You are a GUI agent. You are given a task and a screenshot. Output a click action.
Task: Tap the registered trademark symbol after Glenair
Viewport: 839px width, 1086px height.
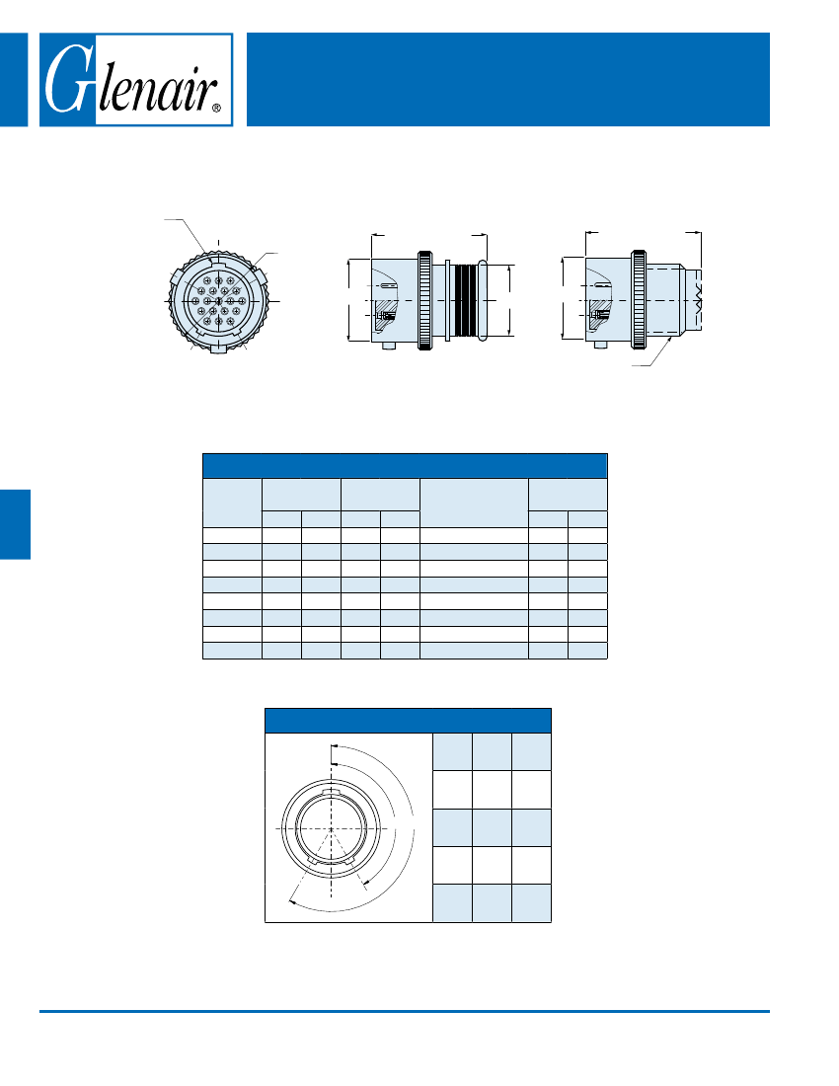click(x=217, y=108)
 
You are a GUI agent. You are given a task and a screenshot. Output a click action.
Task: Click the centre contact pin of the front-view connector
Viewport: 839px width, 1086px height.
click(x=219, y=301)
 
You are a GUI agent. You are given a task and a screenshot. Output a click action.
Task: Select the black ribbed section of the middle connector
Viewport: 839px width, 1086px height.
click(x=466, y=300)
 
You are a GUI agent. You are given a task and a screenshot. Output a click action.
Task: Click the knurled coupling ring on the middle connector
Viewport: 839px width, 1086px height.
click(x=425, y=300)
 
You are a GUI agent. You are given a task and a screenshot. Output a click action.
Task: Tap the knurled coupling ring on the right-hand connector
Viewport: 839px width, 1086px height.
click(x=639, y=300)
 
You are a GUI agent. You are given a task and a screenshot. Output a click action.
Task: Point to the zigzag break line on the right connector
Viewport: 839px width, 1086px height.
click(x=697, y=300)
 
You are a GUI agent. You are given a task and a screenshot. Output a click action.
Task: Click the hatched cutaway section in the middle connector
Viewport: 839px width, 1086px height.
click(x=385, y=314)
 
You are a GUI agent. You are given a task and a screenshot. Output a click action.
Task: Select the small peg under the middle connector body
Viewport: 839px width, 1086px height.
click(x=388, y=345)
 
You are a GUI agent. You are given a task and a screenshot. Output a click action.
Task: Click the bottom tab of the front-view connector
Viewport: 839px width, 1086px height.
click(x=219, y=349)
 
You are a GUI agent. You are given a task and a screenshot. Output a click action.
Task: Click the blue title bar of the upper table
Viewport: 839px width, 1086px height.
click(x=405, y=465)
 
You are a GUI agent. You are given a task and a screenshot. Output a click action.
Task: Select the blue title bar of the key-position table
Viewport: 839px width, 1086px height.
click(x=408, y=721)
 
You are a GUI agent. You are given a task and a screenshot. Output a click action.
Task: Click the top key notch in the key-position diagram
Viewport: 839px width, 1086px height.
click(x=332, y=790)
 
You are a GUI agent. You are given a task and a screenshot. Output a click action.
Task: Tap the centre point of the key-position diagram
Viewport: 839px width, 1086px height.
click(x=332, y=829)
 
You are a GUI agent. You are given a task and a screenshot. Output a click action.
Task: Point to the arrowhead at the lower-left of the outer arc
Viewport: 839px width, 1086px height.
click(x=292, y=901)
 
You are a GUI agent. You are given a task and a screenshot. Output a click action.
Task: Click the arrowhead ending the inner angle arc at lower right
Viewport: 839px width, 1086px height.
click(x=366, y=884)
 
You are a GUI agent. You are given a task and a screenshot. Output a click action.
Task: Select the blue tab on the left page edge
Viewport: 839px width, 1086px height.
click(x=15, y=524)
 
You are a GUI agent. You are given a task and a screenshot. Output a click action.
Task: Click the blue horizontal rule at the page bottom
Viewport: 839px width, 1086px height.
click(x=405, y=1011)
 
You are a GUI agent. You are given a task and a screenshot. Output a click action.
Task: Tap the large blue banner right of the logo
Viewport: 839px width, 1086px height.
click(x=508, y=80)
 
